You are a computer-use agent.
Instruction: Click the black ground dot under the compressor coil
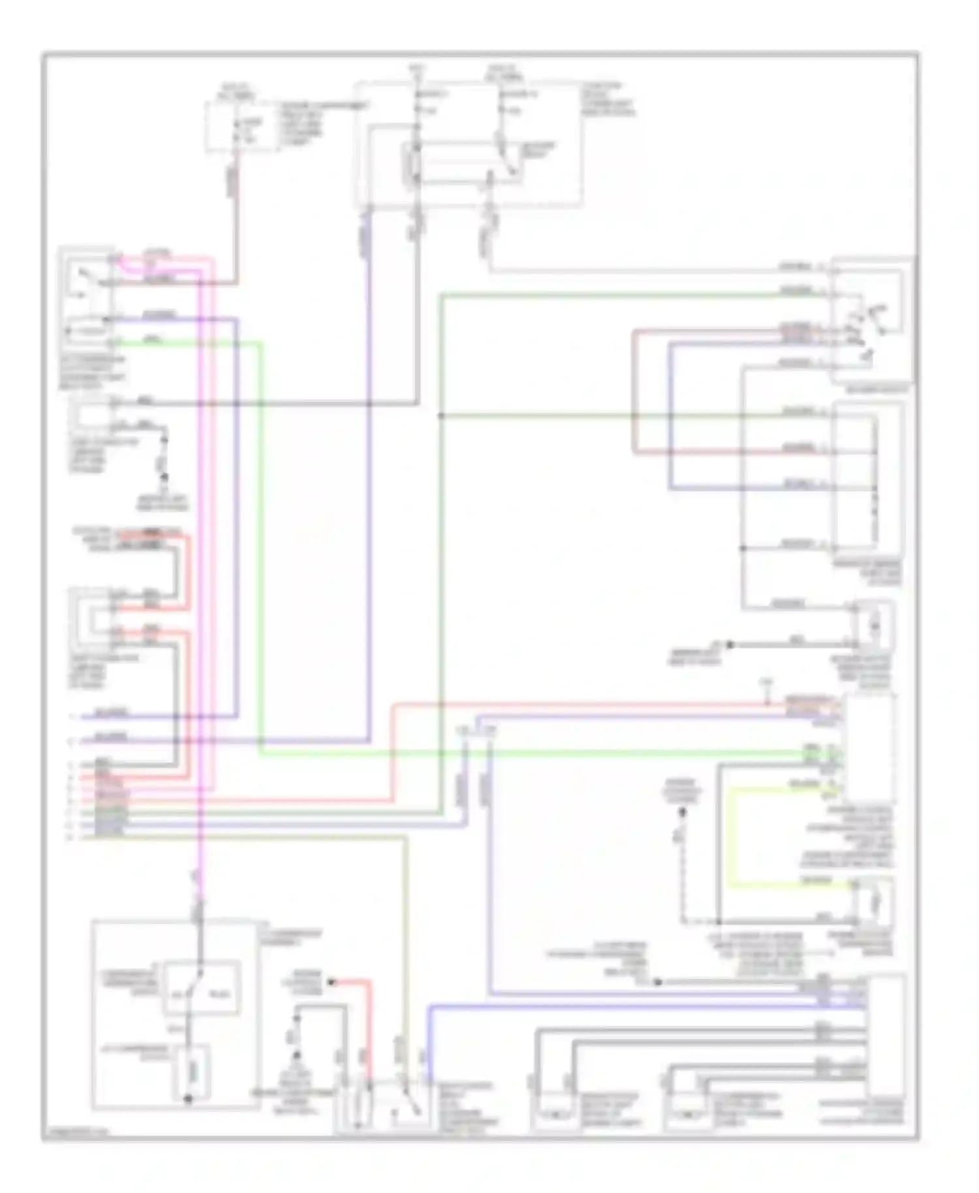188,1099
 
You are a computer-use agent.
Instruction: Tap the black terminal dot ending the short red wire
330,982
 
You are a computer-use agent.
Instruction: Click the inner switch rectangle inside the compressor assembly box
201,987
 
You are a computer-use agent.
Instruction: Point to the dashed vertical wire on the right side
683,868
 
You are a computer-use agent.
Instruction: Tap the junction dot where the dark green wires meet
441,415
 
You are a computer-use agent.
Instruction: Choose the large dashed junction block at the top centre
468,145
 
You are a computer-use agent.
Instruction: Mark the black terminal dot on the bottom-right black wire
658,982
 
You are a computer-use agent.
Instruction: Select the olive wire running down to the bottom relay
406,946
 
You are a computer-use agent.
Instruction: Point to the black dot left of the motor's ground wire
730,644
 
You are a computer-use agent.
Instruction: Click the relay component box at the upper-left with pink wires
87,300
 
